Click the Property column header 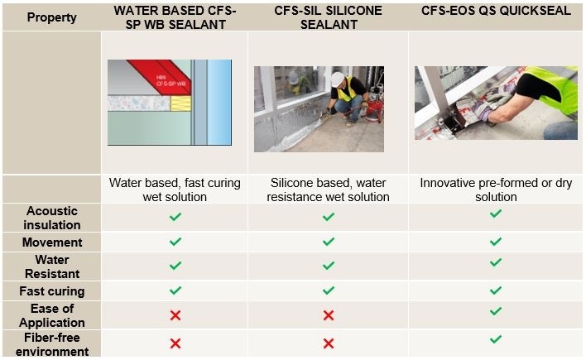click(x=51, y=17)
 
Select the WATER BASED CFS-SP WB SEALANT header click(x=175, y=17)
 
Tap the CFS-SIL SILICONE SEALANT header click(x=329, y=17)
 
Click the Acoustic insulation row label click(x=51, y=218)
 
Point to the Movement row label click(x=51, y=242)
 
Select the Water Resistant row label click(x=51, y=266)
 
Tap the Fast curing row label click(x=51, y=290)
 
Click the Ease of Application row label click(x=51, y=314)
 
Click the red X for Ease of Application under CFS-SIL click(x=329, y=315)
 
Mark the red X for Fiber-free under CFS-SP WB click(x=175, y=343)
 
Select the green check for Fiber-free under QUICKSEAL click(x=495, y=339)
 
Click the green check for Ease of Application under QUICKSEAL click(x=495, y=311)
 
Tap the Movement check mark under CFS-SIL click(x=329, y=242)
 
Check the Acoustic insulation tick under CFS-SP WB click(x=175, y=217)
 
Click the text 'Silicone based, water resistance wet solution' click(x=329, y=190)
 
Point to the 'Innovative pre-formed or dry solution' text click(x=495, y=190)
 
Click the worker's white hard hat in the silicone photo click(x=337, y=79)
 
